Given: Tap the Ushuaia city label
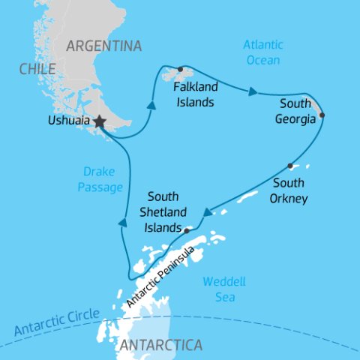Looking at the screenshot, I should pos(66,120).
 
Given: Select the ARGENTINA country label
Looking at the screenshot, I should pos(103,46).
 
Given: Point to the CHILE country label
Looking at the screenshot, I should pos(38,69).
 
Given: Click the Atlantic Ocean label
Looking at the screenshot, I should pos(262,52).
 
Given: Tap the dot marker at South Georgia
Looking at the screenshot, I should pos(322,115).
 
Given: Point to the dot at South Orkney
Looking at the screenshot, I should pos(289,166).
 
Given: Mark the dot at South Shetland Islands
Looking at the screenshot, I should pos(187,230).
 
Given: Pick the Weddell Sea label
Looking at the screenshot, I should pos(224,289).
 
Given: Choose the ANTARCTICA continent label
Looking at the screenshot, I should pos(160,346).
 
